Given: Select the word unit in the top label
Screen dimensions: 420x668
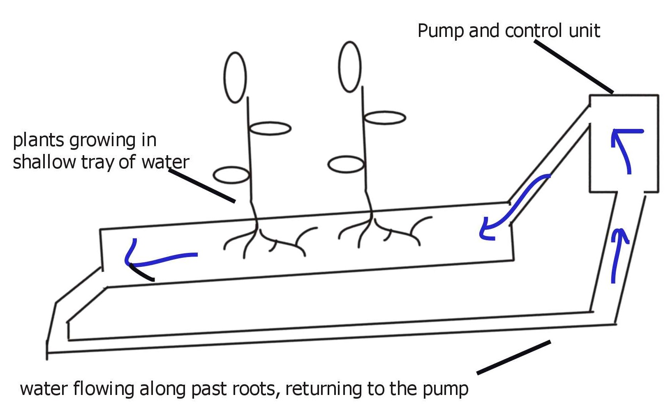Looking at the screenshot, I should pyautogui.click(x=585, y=31).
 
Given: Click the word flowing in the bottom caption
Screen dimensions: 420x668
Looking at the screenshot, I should pyautogui.click(x=103, y=389).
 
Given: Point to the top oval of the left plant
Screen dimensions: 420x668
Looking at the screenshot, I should pyautogui.click(x=235, y=77).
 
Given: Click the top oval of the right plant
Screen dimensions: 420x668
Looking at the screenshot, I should pyautogui.click(x=350, y=67).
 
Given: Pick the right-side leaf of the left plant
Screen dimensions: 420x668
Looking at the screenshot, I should pyautogui.click(x=270, y=129).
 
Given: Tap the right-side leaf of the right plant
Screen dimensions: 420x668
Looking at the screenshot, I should pyautogui.click(x=385, y=118).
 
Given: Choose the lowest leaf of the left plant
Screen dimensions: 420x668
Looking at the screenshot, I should pyautogui.click(x=231, y=175).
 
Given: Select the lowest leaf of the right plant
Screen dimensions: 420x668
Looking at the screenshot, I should pyautogui.click(x=346, y=165).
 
